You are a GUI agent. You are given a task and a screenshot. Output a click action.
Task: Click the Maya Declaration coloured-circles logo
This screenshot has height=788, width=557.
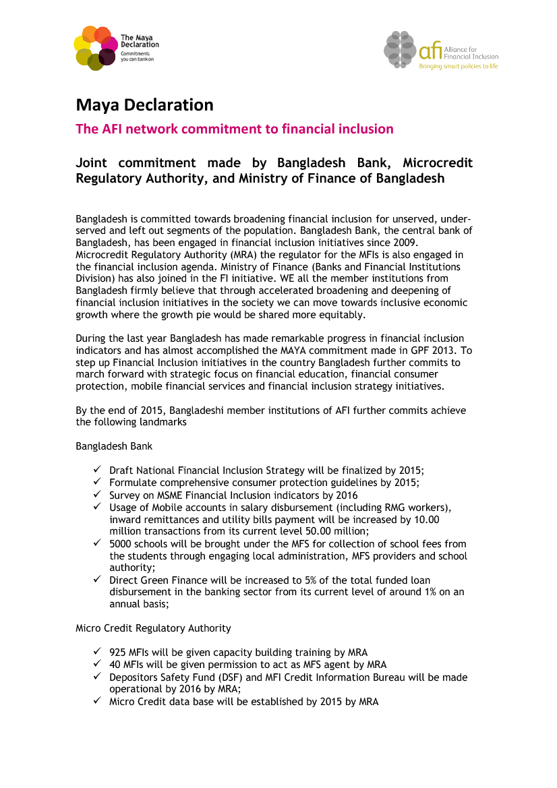(x=95, y=48)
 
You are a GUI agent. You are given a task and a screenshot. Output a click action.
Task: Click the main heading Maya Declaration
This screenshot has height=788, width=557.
(x=144, y=104)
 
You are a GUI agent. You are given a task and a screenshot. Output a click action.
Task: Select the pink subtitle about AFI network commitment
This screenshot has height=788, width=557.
(x=234, y=129)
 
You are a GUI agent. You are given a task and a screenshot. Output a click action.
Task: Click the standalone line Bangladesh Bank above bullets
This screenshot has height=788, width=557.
(x=114, y=446)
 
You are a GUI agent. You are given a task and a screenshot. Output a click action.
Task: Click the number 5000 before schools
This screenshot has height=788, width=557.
(x=121, y=543)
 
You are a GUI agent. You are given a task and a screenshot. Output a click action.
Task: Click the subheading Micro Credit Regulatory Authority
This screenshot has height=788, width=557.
(x=153, y=628)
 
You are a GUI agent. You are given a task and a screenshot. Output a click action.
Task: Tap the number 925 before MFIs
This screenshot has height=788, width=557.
(x=117, y=653)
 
